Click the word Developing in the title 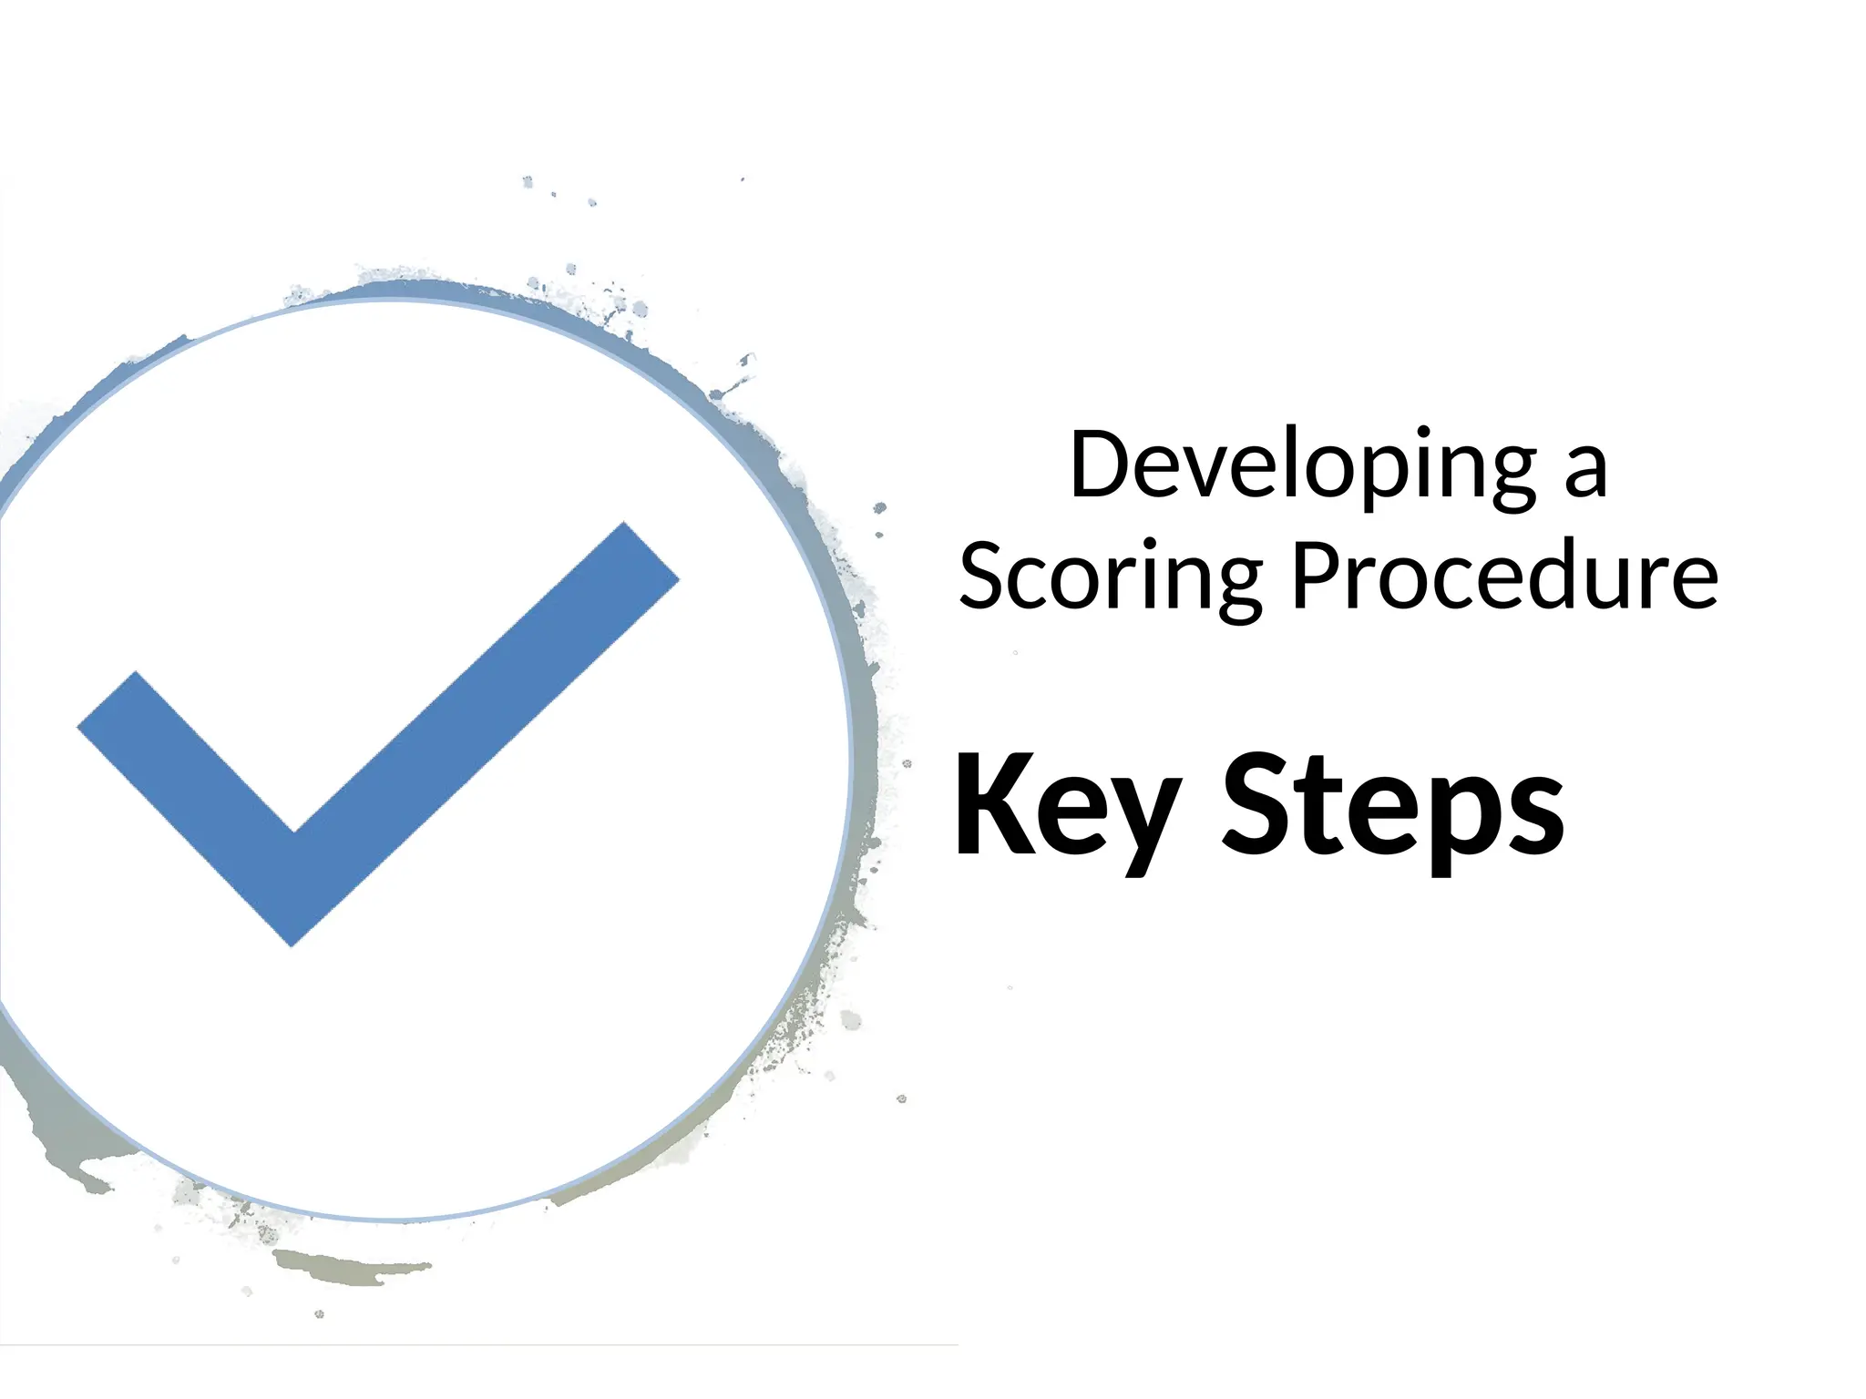(1304, 467)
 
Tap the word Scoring (1111, 579)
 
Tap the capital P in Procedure (1317, 576)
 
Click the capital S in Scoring (984, 577)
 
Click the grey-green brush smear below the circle (346, 1267)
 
